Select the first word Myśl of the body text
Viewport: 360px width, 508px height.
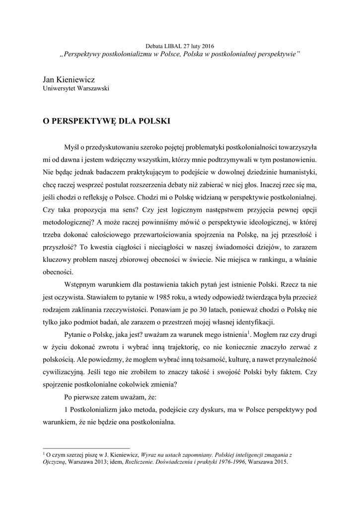(x=72, y=148)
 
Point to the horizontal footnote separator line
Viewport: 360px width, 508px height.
(x=86, y=448)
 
